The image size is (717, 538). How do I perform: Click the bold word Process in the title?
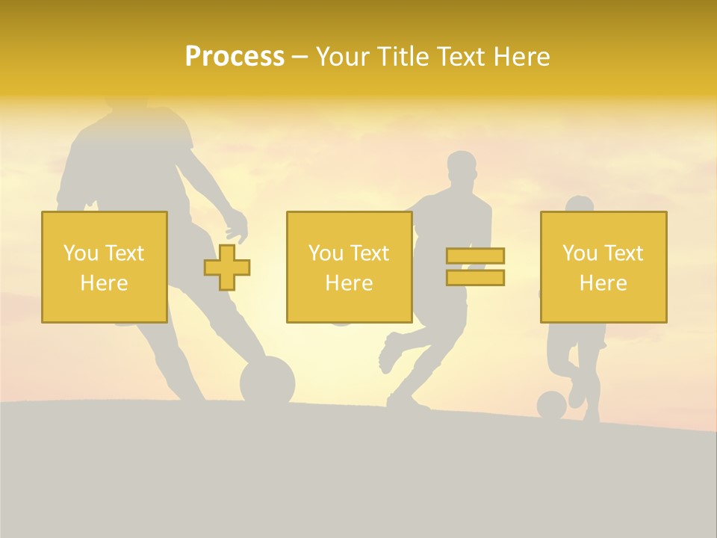tap(235, 57)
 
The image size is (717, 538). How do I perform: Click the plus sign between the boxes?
tap(227, 268)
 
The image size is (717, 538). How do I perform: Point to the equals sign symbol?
tap(475, 267)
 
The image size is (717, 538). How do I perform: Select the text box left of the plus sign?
tap(104, 267)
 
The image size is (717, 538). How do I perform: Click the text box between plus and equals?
tap(349, 267)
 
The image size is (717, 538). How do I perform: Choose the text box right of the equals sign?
tap(603, 267)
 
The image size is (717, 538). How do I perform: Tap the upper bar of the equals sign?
tap(475, 256)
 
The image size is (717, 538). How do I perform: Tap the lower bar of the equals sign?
tap(475, 277)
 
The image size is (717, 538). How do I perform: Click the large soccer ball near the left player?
tap(267, 381)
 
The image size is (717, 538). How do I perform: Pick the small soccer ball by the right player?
tap(551, 405)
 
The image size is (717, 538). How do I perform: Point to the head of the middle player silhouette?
tap(462, 168)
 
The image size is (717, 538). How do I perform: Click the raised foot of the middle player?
tap(388, 354)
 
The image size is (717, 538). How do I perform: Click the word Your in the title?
tap(341, 57)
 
